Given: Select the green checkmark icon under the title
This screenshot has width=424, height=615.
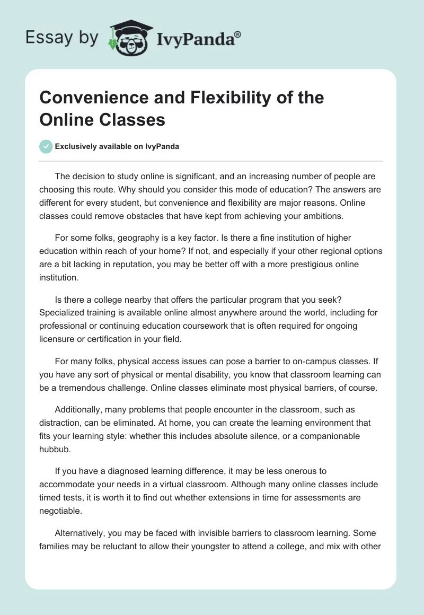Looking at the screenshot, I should [x=46, y=146].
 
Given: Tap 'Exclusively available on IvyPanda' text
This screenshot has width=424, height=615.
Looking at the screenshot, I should [x=117, y=146].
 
